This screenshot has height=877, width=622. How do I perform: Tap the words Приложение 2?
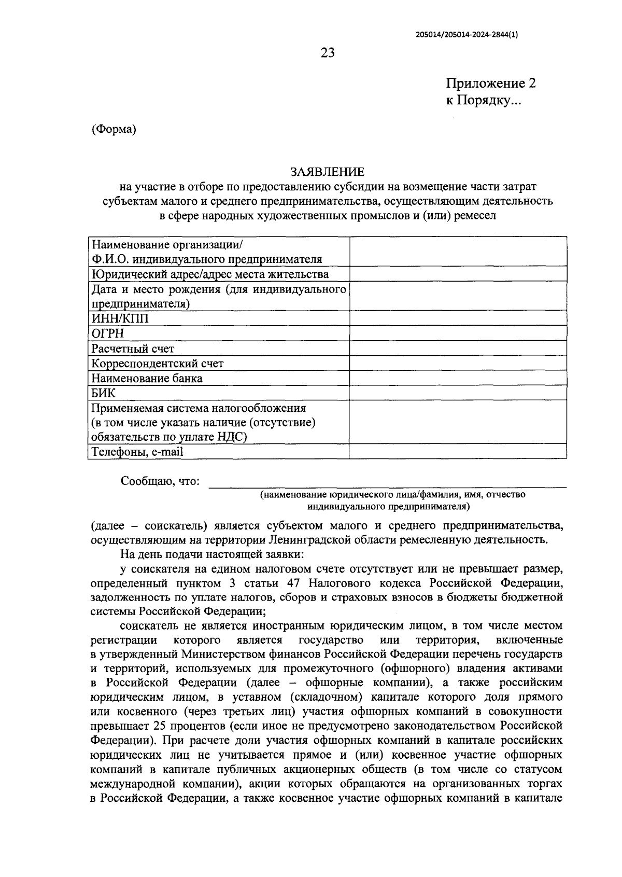tap(491, 83)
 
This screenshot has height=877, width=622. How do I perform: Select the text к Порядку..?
tap(484, 100)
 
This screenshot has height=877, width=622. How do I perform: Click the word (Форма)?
tap(114, 129)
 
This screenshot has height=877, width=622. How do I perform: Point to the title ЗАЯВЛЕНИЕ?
tap(327, 172)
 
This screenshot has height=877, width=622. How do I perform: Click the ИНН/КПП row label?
tap(120, 318)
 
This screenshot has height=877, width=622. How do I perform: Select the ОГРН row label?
tap(108, 333)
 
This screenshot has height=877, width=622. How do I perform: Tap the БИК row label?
tap(104, 393)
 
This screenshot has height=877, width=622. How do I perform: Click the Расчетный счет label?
tap(133, 349)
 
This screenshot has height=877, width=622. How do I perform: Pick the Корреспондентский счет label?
tap(158, 363)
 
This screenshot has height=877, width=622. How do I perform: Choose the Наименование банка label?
tap(147, 378)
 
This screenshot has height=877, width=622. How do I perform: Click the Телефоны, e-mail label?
tap(137, 452)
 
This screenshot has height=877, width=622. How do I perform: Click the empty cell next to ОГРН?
tap(458, 333)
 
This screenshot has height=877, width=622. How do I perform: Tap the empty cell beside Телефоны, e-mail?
tap(458, 452)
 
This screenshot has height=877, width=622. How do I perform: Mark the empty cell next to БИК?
tap(458, 393)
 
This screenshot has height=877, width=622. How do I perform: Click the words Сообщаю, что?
tap(160, 481)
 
